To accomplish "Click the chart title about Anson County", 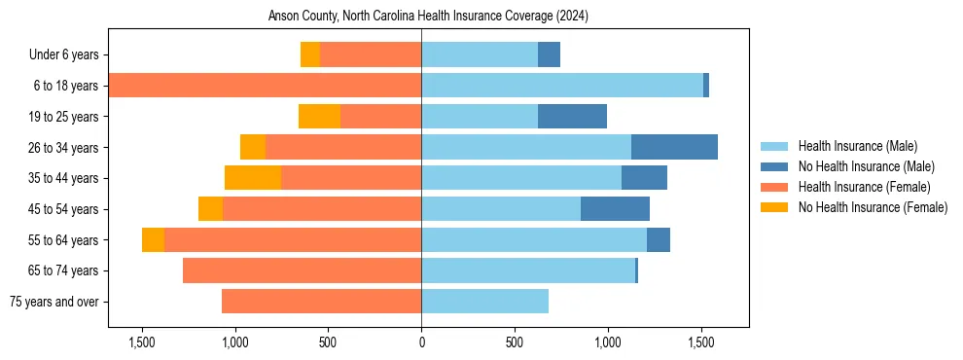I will pyautogui.click(x=428, y=17).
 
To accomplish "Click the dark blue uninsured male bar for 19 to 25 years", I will pyautogui.click(x=572, y=117).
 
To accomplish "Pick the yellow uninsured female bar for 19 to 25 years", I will pyautogui.click(x=319, y=117).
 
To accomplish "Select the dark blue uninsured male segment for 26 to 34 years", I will pyautogui.click(x=674, y=148).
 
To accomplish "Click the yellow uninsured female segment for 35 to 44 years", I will pyautogui.click(x=253, y=178).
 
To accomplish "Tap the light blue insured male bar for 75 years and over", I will pyautogui.click(x=484, y=302).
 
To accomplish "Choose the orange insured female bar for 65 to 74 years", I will pyautogui.click(x=302, y=270).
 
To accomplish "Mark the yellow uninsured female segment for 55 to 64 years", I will pyautogui.click(x=153, y=240).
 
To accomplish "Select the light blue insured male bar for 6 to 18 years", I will pyautogui.click(x=561, y=86).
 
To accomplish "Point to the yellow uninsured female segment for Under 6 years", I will pyautogui.click(x=310, y=55).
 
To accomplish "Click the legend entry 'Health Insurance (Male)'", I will pyautogui.click(x=857, y=146).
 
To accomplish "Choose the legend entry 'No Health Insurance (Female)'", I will pyautogui.click(x=873, y=207).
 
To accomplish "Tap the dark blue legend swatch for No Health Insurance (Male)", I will pyautogui.click(x=775, y=166).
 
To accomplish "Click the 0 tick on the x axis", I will pyautogui.click(x=421, y=343).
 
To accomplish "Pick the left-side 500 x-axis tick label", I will pyautogui.click(x=328, y=343).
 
